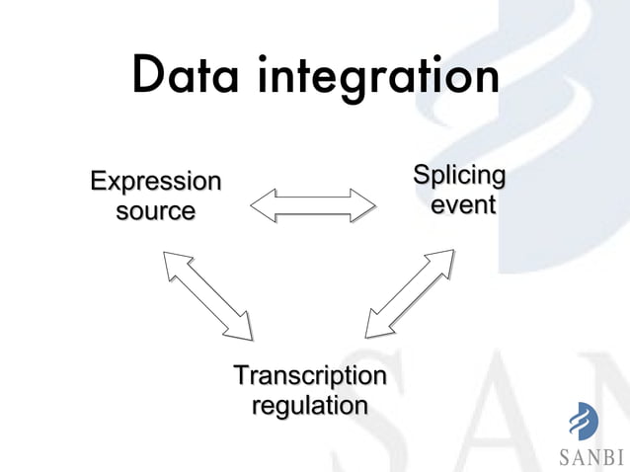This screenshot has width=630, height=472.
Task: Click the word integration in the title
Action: coord(378,79)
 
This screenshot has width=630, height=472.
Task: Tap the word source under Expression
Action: coord(155,211)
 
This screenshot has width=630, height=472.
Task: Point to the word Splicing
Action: coord(458,177)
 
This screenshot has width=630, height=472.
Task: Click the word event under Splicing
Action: coord(462,205)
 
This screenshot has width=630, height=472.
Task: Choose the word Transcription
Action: coord(309,376)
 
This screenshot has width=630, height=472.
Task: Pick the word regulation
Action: coord(310,406)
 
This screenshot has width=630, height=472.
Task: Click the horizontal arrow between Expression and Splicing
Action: coord(313,206)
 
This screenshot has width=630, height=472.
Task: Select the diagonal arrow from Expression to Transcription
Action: coord(208,294)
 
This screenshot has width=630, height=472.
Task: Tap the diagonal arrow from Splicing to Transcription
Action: coord(410,293)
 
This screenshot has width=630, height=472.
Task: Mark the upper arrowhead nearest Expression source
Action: coord(175,262)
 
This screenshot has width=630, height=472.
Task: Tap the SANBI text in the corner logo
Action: coord(591,457)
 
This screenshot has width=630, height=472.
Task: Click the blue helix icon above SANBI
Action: coord(583,422)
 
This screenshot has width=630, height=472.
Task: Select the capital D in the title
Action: coord(149,76)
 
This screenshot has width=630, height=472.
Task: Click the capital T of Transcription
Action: coord(240,376)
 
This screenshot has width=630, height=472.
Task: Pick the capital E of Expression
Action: coord(98,182)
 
